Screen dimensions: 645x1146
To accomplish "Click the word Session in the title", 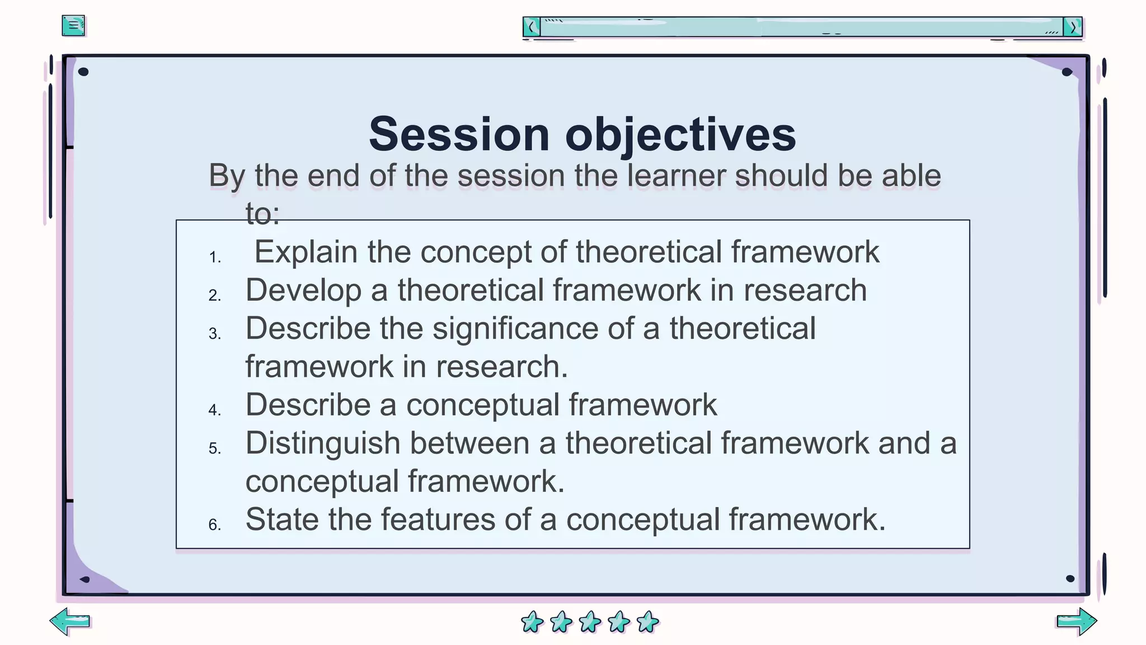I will click(x=459, y=134).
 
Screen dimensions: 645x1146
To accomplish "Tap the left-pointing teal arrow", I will click(x=70, y=621).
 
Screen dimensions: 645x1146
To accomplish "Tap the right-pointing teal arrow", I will click(x=1077, y=621).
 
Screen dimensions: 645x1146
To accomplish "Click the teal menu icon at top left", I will click(x=73, y=26).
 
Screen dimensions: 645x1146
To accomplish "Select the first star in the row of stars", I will click(x=532, y=621).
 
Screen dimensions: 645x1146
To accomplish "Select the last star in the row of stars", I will click(x=648, y=621).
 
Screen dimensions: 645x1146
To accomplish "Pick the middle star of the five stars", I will click(x=590, y=621).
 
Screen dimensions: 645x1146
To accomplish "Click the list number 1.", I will click(x=215, y=258).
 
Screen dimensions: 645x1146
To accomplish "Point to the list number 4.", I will click(x=215, y=410).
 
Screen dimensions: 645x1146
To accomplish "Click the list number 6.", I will click(x=215, y=525).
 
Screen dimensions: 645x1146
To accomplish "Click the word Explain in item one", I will click(x=306, y=252).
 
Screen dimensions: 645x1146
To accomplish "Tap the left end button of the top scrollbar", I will click(x=532, y=27).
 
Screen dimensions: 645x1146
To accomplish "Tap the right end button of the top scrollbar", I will click(x=1073, y=27).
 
